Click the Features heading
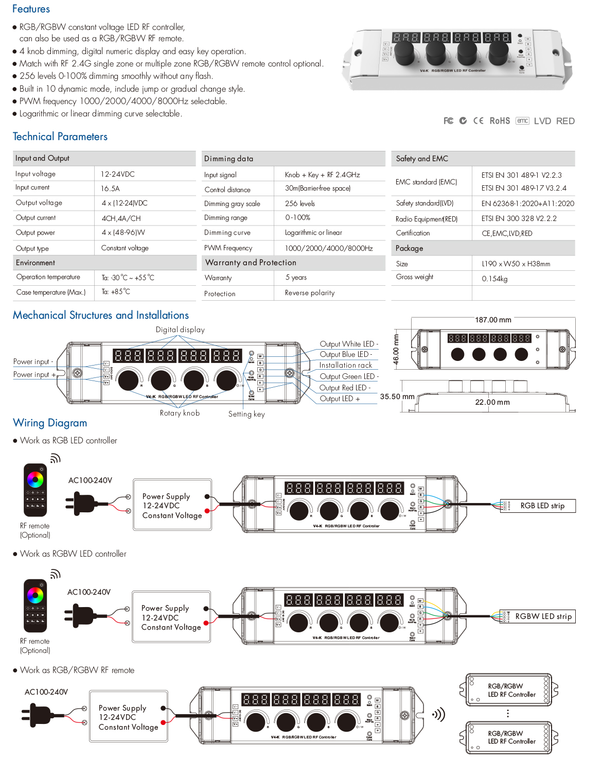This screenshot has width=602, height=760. click(31, 9)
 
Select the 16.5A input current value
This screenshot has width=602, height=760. click(110, 188)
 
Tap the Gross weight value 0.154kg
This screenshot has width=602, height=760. click(494, 279)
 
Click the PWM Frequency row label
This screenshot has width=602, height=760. click(228, 248)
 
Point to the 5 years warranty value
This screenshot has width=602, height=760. click(296, 278)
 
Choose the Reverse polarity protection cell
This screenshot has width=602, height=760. click(310, 293)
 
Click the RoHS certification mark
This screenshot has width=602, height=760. click(500, 121)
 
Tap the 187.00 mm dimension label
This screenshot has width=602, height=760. click(493, 320)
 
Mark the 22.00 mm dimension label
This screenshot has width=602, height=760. click(492, 402)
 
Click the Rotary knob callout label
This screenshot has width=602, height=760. click(180, 413)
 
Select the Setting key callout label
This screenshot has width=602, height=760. click(246, 414)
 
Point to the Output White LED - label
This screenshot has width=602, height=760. click(348, 344)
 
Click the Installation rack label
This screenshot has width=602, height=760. click(345, 365)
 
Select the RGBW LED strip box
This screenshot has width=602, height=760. click(543, 616)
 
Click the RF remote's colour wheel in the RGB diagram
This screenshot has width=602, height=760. click(35, 480)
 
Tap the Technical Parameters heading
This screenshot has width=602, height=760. click(60, 136)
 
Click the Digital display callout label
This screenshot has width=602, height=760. click(180, 330)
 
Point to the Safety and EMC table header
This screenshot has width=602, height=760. click(422, 159)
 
